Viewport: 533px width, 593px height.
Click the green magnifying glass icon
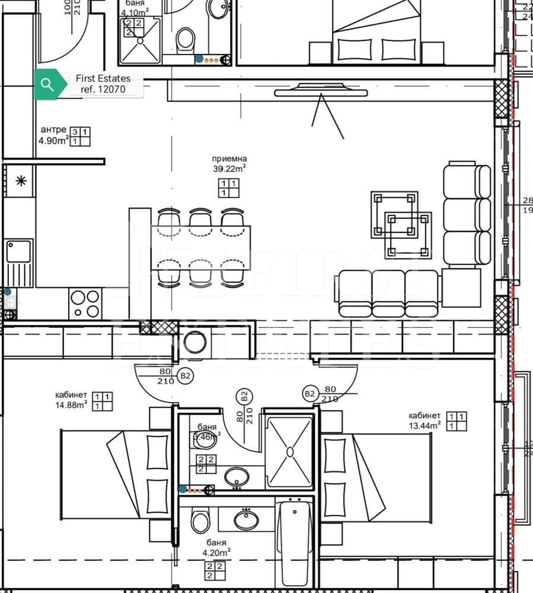pos(47,84)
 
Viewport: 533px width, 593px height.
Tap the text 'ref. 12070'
pos(103,90)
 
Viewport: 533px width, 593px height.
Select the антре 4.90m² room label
pos(53,135)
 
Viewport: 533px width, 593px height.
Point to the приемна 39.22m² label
pos(229,164)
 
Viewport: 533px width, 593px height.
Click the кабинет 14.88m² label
pos(71,400)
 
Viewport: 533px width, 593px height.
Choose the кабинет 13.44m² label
pos(424,420)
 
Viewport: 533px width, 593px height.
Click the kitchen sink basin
pos(18,251)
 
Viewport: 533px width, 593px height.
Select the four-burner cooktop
pos(85,303)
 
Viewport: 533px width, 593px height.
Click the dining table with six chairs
pos(200,247)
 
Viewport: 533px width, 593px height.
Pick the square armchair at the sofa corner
pos(461,288)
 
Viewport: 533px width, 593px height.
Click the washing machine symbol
pos(194,343)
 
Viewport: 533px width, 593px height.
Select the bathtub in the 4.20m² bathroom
pos(294,543)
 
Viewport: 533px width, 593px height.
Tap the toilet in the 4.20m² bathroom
pos(200,522)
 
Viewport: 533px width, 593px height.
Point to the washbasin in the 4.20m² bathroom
pos(245,520)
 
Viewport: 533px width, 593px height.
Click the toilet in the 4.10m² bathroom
pos(186,40)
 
